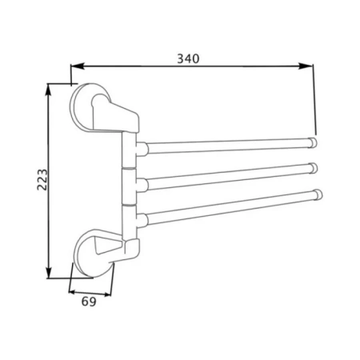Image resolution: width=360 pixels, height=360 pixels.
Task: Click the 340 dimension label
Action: coord(188,58)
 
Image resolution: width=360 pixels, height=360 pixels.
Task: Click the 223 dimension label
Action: coord(42,179)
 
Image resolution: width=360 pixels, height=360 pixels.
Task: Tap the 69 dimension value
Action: coord(89,302)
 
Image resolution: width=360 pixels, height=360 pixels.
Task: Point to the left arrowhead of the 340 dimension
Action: coord(78,66)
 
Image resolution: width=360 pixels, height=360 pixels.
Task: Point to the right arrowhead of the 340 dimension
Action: coord(306,66)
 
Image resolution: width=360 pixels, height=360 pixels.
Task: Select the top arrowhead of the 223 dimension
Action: coord(48,90)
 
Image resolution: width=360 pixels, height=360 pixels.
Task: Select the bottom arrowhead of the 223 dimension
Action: coord(48,272)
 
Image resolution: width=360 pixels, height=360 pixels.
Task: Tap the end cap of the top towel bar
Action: coord(313,142)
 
